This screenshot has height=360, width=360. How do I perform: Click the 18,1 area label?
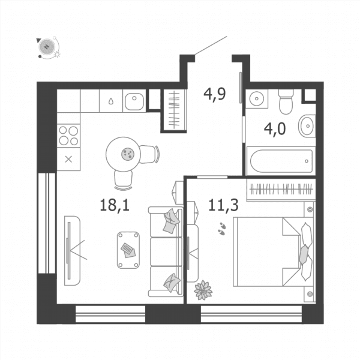pyautogui.click(x=115, y=205)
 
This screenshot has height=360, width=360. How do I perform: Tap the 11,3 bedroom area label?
pyautogui.click(x=223, y=205)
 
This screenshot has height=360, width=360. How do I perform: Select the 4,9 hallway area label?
pyautogui.click(x=215, y=94)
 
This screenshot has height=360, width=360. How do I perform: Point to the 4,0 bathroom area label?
pyautogui.click(x=275, y=129)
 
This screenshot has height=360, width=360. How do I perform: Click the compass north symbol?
pyautogui.click(x=47, y=47)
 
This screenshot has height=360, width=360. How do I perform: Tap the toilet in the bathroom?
pyautogui.click(x=286, y=102)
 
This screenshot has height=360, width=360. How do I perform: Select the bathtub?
pyautogui.click(x=281, y=161)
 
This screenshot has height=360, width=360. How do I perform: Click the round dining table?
pyautogui.click(x=123, y=154)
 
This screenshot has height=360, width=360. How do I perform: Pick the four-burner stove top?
pyautogui.click(x=68, y=136)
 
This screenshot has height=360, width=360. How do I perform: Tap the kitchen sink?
pyautogui.click(x=134, y=101)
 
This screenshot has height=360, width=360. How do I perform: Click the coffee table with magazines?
pyautogui.click(x=128, y=250)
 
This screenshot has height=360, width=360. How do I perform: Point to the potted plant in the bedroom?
pyautogui.click(x=203, y=290)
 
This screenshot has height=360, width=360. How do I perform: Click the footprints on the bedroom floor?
pyautogui.click(x=222, y=229)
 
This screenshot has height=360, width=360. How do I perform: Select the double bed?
pyautogui.click(x=273, y=252)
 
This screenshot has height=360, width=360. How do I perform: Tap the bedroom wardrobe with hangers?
pyautogui.click(x=281, y=190)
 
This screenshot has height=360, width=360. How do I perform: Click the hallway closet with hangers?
pyautogui.click(x=175, y=110)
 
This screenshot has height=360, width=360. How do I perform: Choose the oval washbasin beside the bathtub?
pyautogui.click(x=307, y=126)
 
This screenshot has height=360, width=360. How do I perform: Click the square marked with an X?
pyautogui.click(x=68, y=159)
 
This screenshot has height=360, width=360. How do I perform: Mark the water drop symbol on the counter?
pyautogui.click(x=111, y=101)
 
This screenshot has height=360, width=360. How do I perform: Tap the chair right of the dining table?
pyautogui.click(x=149, y=154)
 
